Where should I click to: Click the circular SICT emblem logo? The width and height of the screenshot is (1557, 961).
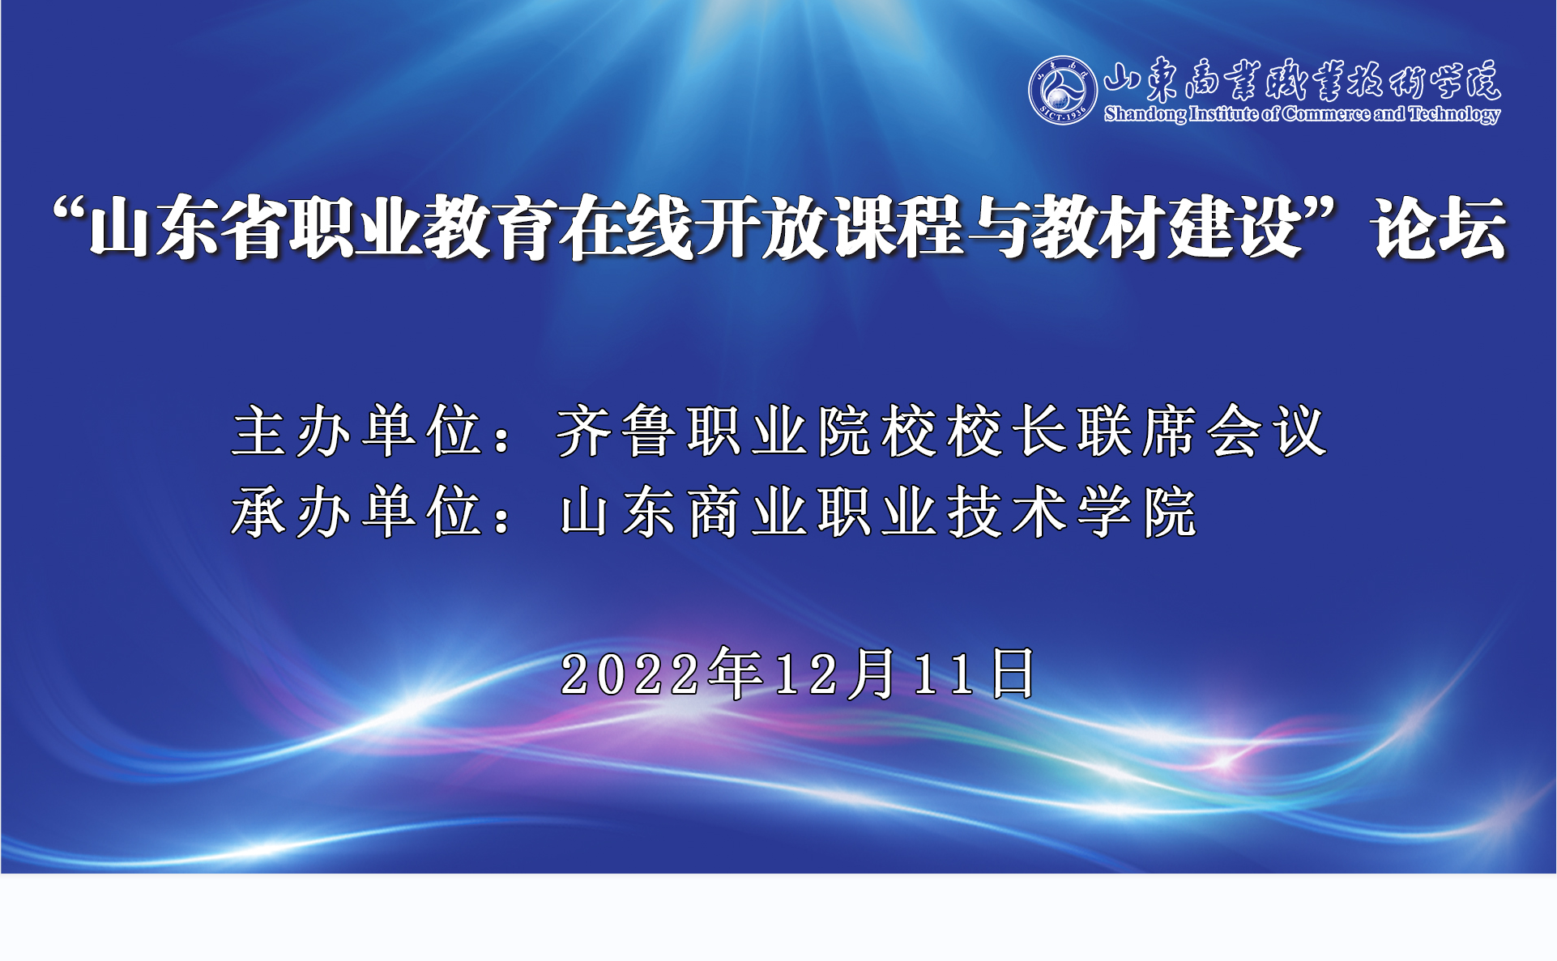(1063, 90)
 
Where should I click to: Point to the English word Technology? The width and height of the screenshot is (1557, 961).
(1455, 115)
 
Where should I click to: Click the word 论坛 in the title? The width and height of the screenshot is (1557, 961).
(1440, 229)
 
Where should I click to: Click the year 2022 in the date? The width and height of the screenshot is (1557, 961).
(630, 674)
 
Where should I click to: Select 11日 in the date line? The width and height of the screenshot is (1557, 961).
(975, 674)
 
